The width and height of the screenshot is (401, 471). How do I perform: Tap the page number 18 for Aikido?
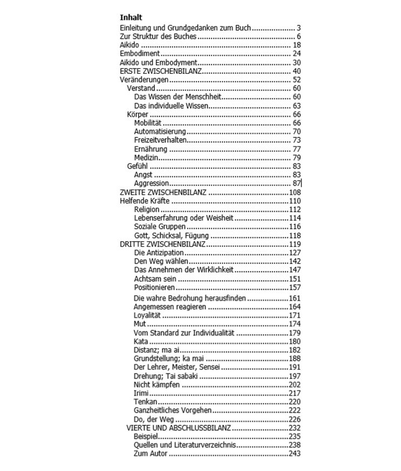tap(296, 45)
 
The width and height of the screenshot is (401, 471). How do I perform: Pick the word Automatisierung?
tap(160, 132)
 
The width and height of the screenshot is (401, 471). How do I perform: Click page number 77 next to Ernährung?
tap(296, 149)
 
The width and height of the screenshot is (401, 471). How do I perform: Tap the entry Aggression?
tap(151, 183)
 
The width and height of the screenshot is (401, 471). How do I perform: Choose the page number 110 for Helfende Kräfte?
tap(295, 201)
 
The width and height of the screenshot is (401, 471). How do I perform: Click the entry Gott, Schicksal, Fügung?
tap(172, 236)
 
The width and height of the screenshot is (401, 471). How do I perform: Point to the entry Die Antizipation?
tap(159, 252)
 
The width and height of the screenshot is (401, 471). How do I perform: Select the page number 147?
tap(295, 270)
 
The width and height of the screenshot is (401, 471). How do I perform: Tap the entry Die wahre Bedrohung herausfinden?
tap(189, 298)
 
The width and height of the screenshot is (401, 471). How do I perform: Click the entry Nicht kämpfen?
tap(157, 385)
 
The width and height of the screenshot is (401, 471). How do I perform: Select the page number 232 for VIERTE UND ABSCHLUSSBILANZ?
tap(295, 428)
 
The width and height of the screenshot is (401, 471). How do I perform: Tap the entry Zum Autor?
tap(151, 454)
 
